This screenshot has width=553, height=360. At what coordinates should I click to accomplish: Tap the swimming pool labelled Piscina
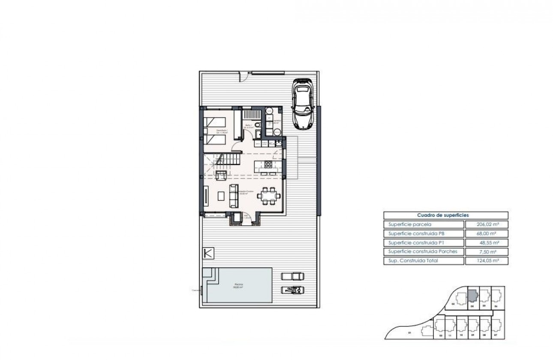[239, 285]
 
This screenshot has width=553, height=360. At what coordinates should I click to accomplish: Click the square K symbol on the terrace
[208, 253]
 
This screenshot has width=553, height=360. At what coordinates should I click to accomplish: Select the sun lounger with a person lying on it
[293, 290]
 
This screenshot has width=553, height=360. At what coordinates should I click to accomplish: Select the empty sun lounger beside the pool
[293, 276]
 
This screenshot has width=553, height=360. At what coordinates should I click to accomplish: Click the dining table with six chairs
[269, 196]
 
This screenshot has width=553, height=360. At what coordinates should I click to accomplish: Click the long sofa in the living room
[234, 195]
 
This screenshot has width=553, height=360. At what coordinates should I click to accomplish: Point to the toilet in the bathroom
[257, 125]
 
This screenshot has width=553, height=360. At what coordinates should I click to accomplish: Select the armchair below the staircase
[222, 175]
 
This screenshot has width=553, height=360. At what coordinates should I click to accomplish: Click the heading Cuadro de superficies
[445, 216]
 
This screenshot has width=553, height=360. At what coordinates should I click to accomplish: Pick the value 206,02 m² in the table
[487, 224]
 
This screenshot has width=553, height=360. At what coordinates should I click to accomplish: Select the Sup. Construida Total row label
[413, 261]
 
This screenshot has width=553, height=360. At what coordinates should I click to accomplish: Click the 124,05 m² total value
[487, 261]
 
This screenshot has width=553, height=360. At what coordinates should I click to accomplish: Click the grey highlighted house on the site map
[472, 296]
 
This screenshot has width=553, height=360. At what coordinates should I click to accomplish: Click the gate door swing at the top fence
[244, 77]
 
